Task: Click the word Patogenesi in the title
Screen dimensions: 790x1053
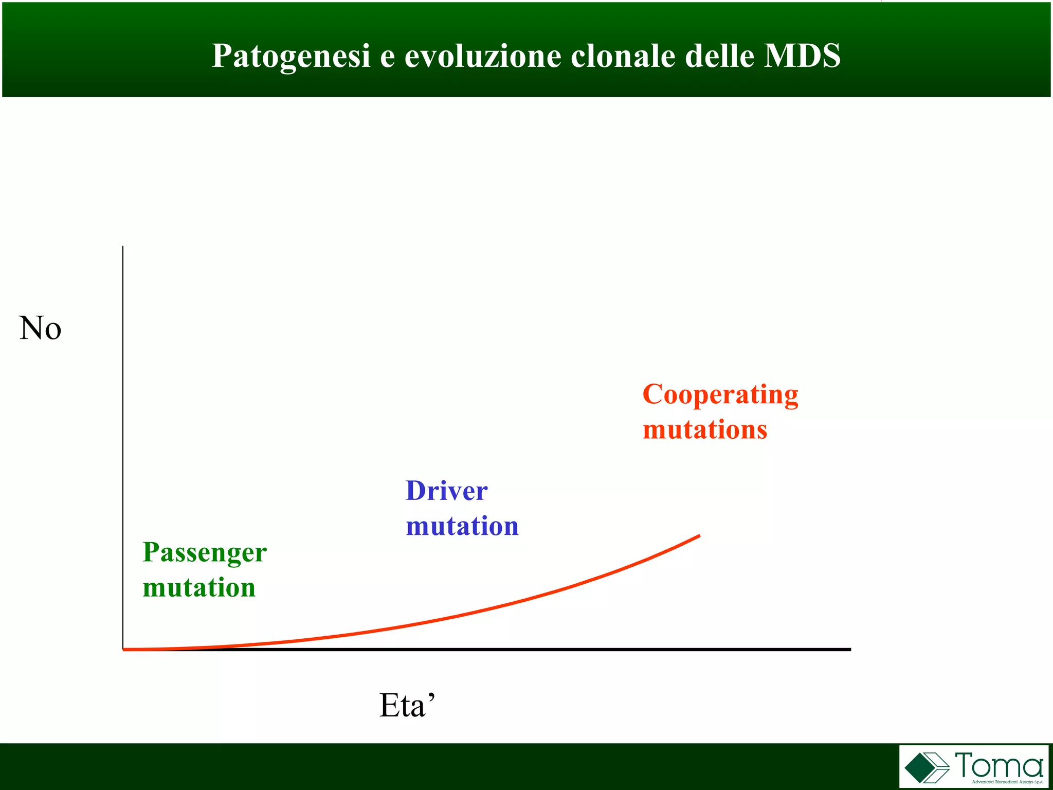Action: pos(291,56)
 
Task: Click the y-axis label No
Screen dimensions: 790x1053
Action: pos(40,328)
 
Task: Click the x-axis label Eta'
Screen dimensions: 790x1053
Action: pos(407,705)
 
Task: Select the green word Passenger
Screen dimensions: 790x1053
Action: pos(205,553)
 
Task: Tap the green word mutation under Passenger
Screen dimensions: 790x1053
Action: pos(199,587)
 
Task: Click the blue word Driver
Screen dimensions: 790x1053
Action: pos(446,491)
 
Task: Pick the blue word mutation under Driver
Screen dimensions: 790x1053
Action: pos(462,526)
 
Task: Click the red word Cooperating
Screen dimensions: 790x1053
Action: pos(720,395)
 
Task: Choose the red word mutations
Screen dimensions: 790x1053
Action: pos(705,429)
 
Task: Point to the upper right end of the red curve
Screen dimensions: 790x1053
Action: pos(698,536)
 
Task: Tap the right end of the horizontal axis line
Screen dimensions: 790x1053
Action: pos(849,650)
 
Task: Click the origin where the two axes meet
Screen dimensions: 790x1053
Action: pos(123,650)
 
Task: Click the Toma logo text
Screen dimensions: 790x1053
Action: pos(998,765)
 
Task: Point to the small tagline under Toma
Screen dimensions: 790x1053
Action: pos(1007,782)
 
